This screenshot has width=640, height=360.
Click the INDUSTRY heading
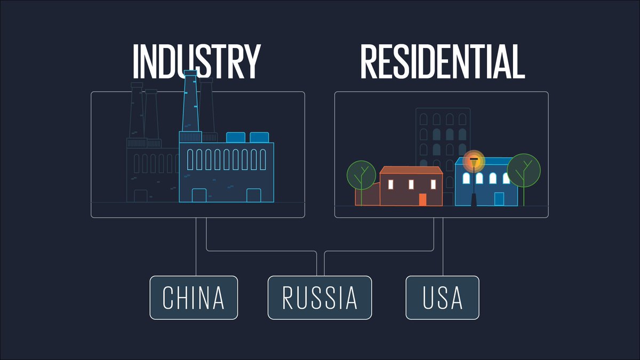click(196, 61)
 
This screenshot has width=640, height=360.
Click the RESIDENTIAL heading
click(442, 61)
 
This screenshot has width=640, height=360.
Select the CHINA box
click(194, 298)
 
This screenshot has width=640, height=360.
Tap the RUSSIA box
click(319, 298)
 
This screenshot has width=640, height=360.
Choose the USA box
click(443, 298)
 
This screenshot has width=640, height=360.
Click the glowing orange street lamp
click(473, 159)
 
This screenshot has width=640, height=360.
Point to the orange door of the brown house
click(422, 199)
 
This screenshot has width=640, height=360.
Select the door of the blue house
click(499, 199)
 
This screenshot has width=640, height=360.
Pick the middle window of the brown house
click(411, 185)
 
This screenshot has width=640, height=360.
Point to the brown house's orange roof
click(411, 170)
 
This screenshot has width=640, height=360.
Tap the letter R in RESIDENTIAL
click(372, 61)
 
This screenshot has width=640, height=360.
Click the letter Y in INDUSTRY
click(249, 61)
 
